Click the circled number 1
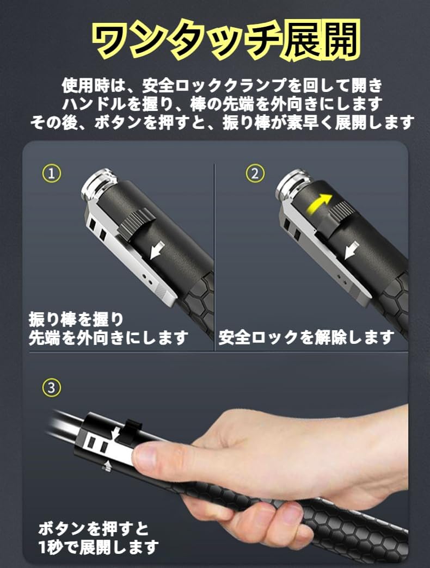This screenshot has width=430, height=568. click(x=52, y=173)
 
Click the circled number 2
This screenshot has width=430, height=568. click(x=255, y=173)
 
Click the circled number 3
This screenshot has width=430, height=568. click(x=52, y=387)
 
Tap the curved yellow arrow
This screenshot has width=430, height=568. click(x=319, y=203)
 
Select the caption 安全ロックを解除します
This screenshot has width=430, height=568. click(x=306, y=337)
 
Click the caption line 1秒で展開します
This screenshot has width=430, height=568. click(x=99, y=546)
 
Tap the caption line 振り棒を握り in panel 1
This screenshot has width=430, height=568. click(x=76, y=319)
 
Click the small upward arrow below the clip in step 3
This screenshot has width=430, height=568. click(x=106, y=466)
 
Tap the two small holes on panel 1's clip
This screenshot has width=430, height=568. click(x=148, y=278)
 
